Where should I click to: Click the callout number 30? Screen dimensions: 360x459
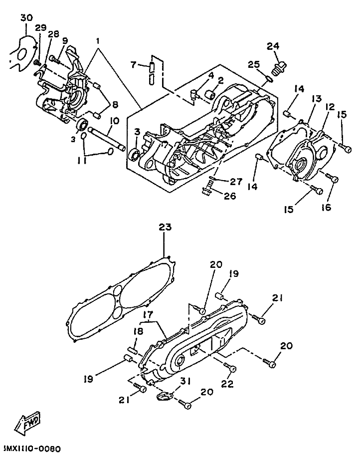pos(26,18)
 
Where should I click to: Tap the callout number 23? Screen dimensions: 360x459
pos(165,227)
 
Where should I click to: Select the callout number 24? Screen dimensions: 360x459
pos(273,46)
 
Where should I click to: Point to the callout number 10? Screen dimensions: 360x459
pos(115,121)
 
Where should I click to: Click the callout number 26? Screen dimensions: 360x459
pos(229,196)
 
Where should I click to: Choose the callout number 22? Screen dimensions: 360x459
pos(227,384)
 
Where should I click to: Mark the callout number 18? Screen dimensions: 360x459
pos(138,331)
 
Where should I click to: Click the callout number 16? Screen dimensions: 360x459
pos(326,208)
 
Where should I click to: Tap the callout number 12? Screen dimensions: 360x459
pos(330,107)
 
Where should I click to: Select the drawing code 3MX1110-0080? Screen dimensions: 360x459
pos(32,449)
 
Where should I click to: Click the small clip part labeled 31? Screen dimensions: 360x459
pos(163,397)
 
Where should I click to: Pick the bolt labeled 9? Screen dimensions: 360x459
pos(55,60)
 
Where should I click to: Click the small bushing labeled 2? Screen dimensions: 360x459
pos(210,95)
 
